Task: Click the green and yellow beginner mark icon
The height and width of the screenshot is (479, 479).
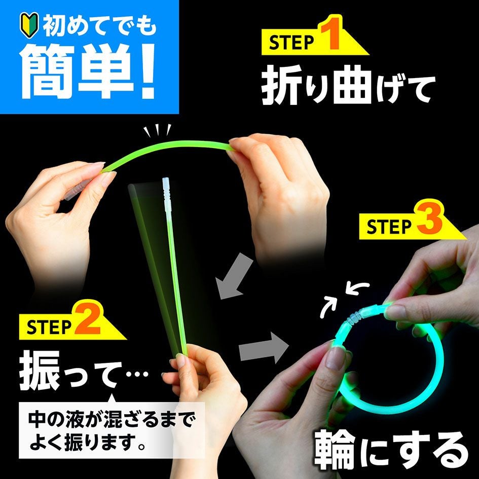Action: [x=29, y=25]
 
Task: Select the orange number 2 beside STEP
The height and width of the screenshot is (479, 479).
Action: [x=88, y=318]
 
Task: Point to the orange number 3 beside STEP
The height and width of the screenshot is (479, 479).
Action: [x=429, y=219]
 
